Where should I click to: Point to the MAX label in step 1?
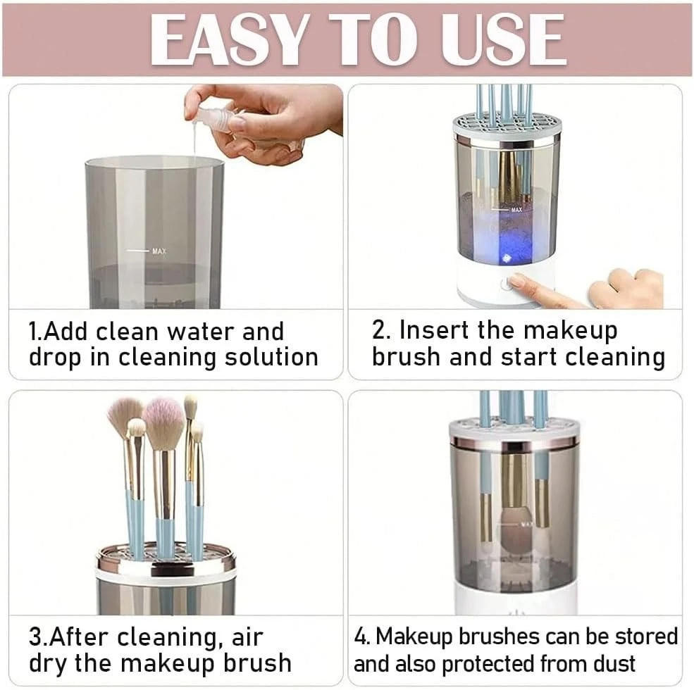(x=159, y=251)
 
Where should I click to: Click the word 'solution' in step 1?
(x=271, y=357)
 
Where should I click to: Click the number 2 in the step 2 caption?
(x=379, y=330)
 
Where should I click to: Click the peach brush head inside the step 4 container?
(x=515, y=527)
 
